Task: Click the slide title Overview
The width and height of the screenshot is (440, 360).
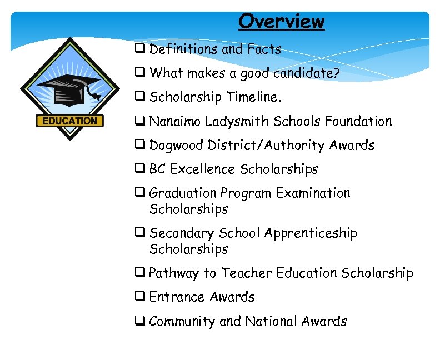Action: (281, 21)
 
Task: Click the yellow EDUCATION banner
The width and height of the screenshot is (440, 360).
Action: (70, 121)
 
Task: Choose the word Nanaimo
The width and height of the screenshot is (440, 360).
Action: (175, 121)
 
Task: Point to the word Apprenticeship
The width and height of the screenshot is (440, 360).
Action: (311, 233)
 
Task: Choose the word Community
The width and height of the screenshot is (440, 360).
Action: (182, 321)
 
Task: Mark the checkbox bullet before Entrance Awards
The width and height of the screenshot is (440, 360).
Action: (139, 297)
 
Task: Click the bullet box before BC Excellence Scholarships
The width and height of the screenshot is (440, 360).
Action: (139, 169)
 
